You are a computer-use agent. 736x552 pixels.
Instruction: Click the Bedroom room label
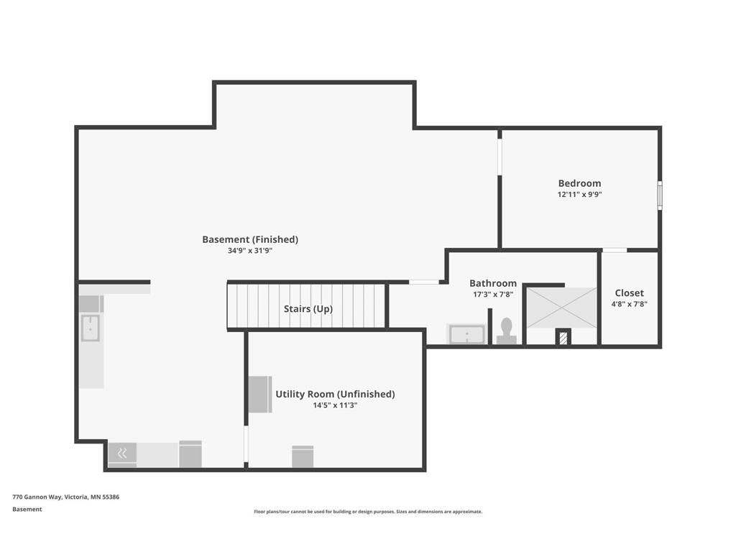[x=579, y=183]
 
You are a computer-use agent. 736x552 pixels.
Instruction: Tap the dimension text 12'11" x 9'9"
[x=580, y=194]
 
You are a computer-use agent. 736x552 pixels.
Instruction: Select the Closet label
[x=630, y=293]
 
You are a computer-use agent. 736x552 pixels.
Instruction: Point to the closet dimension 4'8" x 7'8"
[x=630, y=304]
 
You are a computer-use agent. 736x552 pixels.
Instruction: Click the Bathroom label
[x=493, y=283]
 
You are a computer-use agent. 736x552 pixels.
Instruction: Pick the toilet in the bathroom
[x=507, y=331]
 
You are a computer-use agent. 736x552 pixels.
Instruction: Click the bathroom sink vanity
[x=467, y=334]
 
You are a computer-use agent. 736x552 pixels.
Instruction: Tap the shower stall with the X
[x=561, y=308]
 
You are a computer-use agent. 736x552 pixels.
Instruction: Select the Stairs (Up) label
[x=308, y=309]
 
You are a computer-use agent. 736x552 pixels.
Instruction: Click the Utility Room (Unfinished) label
[x=335, y=395]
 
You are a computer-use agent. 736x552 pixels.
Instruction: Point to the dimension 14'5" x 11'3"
[x=335, y=405]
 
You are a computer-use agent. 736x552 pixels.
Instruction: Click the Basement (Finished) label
[x=250, y=239]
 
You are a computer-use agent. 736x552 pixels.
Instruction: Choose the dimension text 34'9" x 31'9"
[x=250, y=251]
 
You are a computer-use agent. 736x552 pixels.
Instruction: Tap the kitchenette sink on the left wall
[x=90, y=328]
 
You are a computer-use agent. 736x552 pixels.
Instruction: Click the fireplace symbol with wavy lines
[x=122, y=453]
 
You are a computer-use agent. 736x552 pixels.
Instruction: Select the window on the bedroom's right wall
[x=660, y=195]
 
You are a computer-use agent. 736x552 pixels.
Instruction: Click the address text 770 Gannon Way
[x=37, y=497]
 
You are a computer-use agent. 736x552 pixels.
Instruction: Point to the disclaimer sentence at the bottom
[x=368, y=512]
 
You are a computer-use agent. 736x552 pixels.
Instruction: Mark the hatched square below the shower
[x=563, y=338]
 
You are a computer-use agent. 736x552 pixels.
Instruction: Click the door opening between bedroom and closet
[x=615, y=250]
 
